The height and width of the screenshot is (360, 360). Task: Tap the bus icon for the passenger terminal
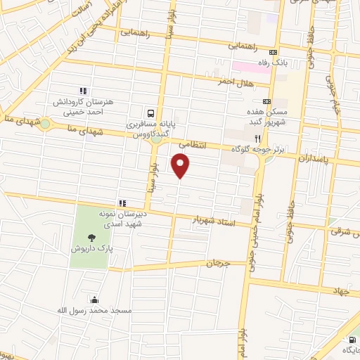tap(150, 112)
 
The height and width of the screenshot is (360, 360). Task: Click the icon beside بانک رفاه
tap(274, 52)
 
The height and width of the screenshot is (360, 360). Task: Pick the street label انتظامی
tap(193, 143)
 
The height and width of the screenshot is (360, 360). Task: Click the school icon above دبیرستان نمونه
tap(122, 202)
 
